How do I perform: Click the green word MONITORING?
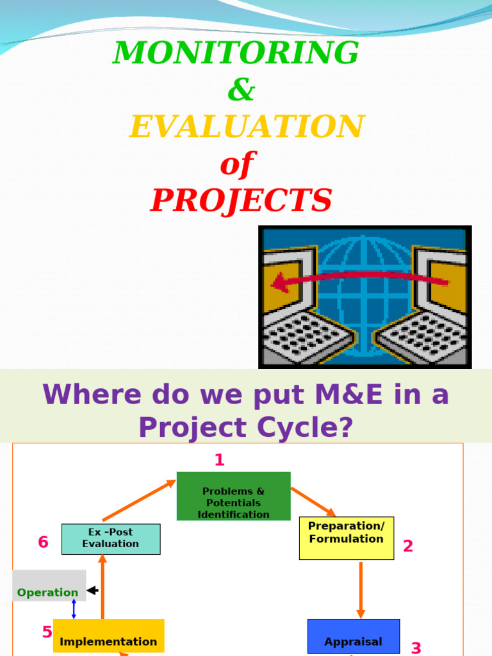pyautogui.click(x=236, y=53)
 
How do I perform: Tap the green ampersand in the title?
pyautogui.click(x=241, y=91)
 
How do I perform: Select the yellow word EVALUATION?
pyautogui.click(x=247, y=127)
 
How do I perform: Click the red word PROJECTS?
pyautogui.click(x=242, y=201)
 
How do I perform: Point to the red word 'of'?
pyautogui.click(x=237, y=164)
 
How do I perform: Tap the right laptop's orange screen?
pyautogui.click(x=448, y=286)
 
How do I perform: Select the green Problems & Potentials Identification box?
pyautogui.click(x=233, y=496)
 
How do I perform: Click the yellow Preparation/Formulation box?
pyautogui.click(x=346, y=537)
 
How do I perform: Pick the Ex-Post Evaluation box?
pyautogui.click(x=110, y=539)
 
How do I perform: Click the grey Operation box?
pyautogui.click(x=49, y=586)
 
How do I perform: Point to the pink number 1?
pyautogui.click(x=220, y=460)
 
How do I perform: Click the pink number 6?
pyautogui.click(x=43, y=543)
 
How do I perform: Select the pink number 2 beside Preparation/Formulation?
pyautogui.click(x=407, y=546)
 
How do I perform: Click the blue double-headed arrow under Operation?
pyautogui.click(x=74, y=609)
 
